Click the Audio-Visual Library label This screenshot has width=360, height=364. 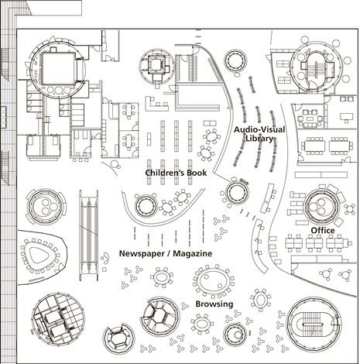tap(259, 134)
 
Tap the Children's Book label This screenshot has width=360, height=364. tap(176, 173)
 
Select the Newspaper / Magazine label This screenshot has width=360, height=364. tap(166, 253)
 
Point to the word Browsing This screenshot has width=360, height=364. tap(214, 304)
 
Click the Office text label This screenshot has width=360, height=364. tap(323, 230)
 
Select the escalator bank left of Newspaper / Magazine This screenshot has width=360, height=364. tap(88, 235)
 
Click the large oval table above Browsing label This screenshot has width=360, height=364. tap(214, 281)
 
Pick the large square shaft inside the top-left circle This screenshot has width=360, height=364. tap(58, 69)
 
